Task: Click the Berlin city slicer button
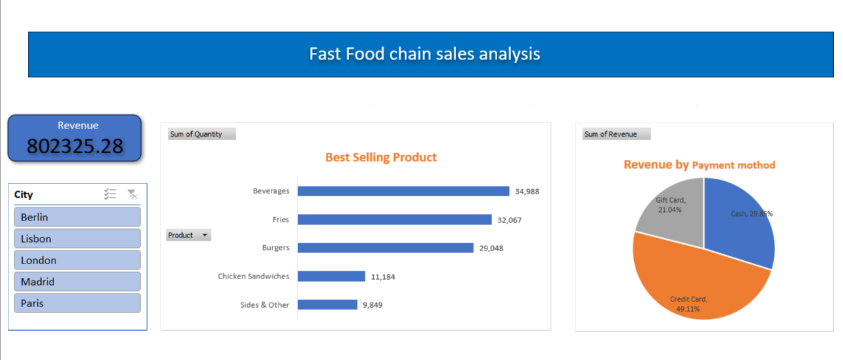click(x=76, y=217)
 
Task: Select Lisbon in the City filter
click(x=76, y=239)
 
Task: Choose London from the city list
click(x=76, y=260)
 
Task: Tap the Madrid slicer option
click(x=76, y=282)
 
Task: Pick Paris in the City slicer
click(x=76, y=303)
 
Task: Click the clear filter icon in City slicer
click(x=132, y=194)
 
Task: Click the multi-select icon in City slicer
click(x=110, y=194)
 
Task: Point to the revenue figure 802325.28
click(x=74, y=146)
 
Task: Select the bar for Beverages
click(x=403, y=191)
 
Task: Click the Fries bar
click(x=394, y=220)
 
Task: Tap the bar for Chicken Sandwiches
click(x=331, y=277)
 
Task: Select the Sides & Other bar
click(x=327, y=305)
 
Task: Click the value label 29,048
click(x=491, y=248)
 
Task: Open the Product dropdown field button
click(x=188, y=235)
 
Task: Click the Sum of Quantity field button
click(x=201, y=134)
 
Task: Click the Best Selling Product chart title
click(x=381, y=157)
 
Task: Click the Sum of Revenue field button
click(x=616, y=134)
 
